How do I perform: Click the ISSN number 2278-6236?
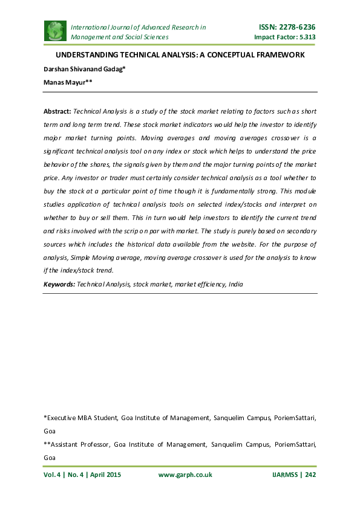(295, 27)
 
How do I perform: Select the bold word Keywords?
(59, 284)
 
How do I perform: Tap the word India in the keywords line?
(236, 284)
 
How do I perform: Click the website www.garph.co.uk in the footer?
(185, 475)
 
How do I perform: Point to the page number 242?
(311, 475)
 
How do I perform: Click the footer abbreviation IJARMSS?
(283, 475)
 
